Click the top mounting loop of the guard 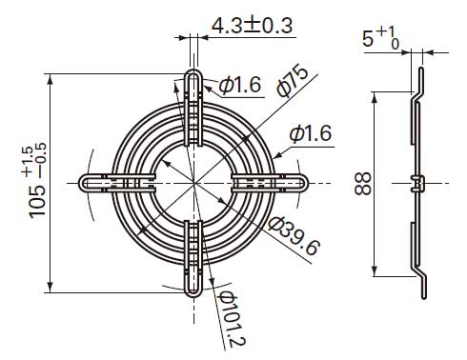[x=193, y=82]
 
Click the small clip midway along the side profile [x=417, y=182]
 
